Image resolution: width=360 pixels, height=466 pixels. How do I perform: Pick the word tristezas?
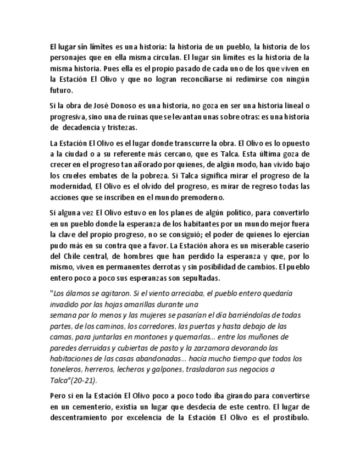(x=119, y=127)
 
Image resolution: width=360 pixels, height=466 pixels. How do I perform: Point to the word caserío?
(x=294, y=245)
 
